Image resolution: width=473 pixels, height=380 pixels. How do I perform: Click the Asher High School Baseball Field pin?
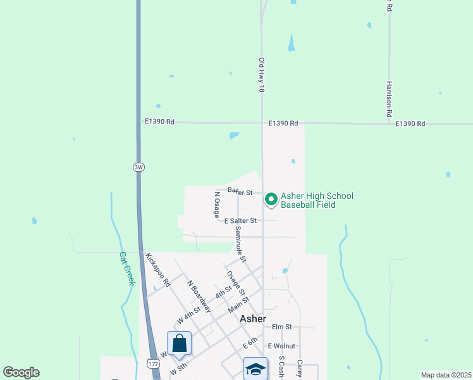(x=271, y=199)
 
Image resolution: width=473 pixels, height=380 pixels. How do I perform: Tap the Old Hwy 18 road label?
(x=261, y=75)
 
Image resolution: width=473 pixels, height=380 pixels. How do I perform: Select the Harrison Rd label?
(x=390, y=99)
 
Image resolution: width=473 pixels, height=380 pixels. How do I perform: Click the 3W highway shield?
(x=138, y=167)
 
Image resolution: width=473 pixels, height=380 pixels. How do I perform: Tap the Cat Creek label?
(x=127, y=269)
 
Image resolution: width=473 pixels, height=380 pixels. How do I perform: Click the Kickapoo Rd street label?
(x=158, y=270)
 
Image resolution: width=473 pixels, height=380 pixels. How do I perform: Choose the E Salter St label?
(x=240, y=220)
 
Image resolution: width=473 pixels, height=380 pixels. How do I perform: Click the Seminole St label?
(x=240, y=244)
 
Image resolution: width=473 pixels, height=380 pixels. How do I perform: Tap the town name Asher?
(x=253, y=319)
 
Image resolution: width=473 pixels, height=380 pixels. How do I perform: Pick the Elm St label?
(x=281, y=327)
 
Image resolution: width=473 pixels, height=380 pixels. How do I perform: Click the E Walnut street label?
(x=281, y=346)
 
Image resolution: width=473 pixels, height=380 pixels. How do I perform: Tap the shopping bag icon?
(x=180, y=343)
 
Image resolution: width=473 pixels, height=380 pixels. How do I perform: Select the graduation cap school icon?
(x=255, y=369)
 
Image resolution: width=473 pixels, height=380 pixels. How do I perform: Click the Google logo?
(x=21, y=372)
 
